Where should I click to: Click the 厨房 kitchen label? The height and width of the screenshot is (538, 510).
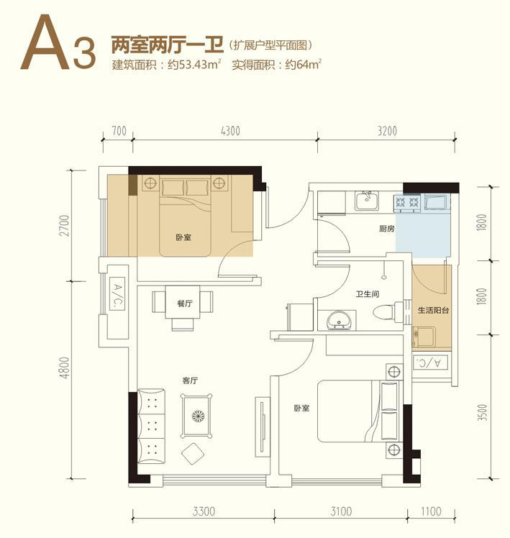(387, 229)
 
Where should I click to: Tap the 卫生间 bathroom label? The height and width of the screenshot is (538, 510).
(368, 294)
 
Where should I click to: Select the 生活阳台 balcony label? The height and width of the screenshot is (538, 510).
(433, 310)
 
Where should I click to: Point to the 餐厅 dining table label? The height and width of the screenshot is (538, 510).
(184, 304)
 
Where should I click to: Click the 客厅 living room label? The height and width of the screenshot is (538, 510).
(190, 380)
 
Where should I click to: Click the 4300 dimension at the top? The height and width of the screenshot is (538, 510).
(230, 131)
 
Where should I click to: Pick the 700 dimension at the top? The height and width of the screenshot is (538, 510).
(119, 131)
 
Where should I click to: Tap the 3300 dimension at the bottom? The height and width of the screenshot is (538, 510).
(204, 511)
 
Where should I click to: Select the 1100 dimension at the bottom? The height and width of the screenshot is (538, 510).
(431, 511)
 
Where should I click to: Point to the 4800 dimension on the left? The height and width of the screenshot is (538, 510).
(65, 368)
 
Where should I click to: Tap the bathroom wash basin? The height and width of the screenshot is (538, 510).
(339, 321)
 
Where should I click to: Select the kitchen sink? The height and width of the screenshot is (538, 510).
(367, 201)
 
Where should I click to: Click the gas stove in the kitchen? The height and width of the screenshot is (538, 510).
(407, 201)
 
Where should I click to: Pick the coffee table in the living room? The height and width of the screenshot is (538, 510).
(196, 416)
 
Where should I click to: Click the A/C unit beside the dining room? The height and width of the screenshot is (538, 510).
(117, 293)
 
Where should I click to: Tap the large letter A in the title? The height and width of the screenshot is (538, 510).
(45, 42)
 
